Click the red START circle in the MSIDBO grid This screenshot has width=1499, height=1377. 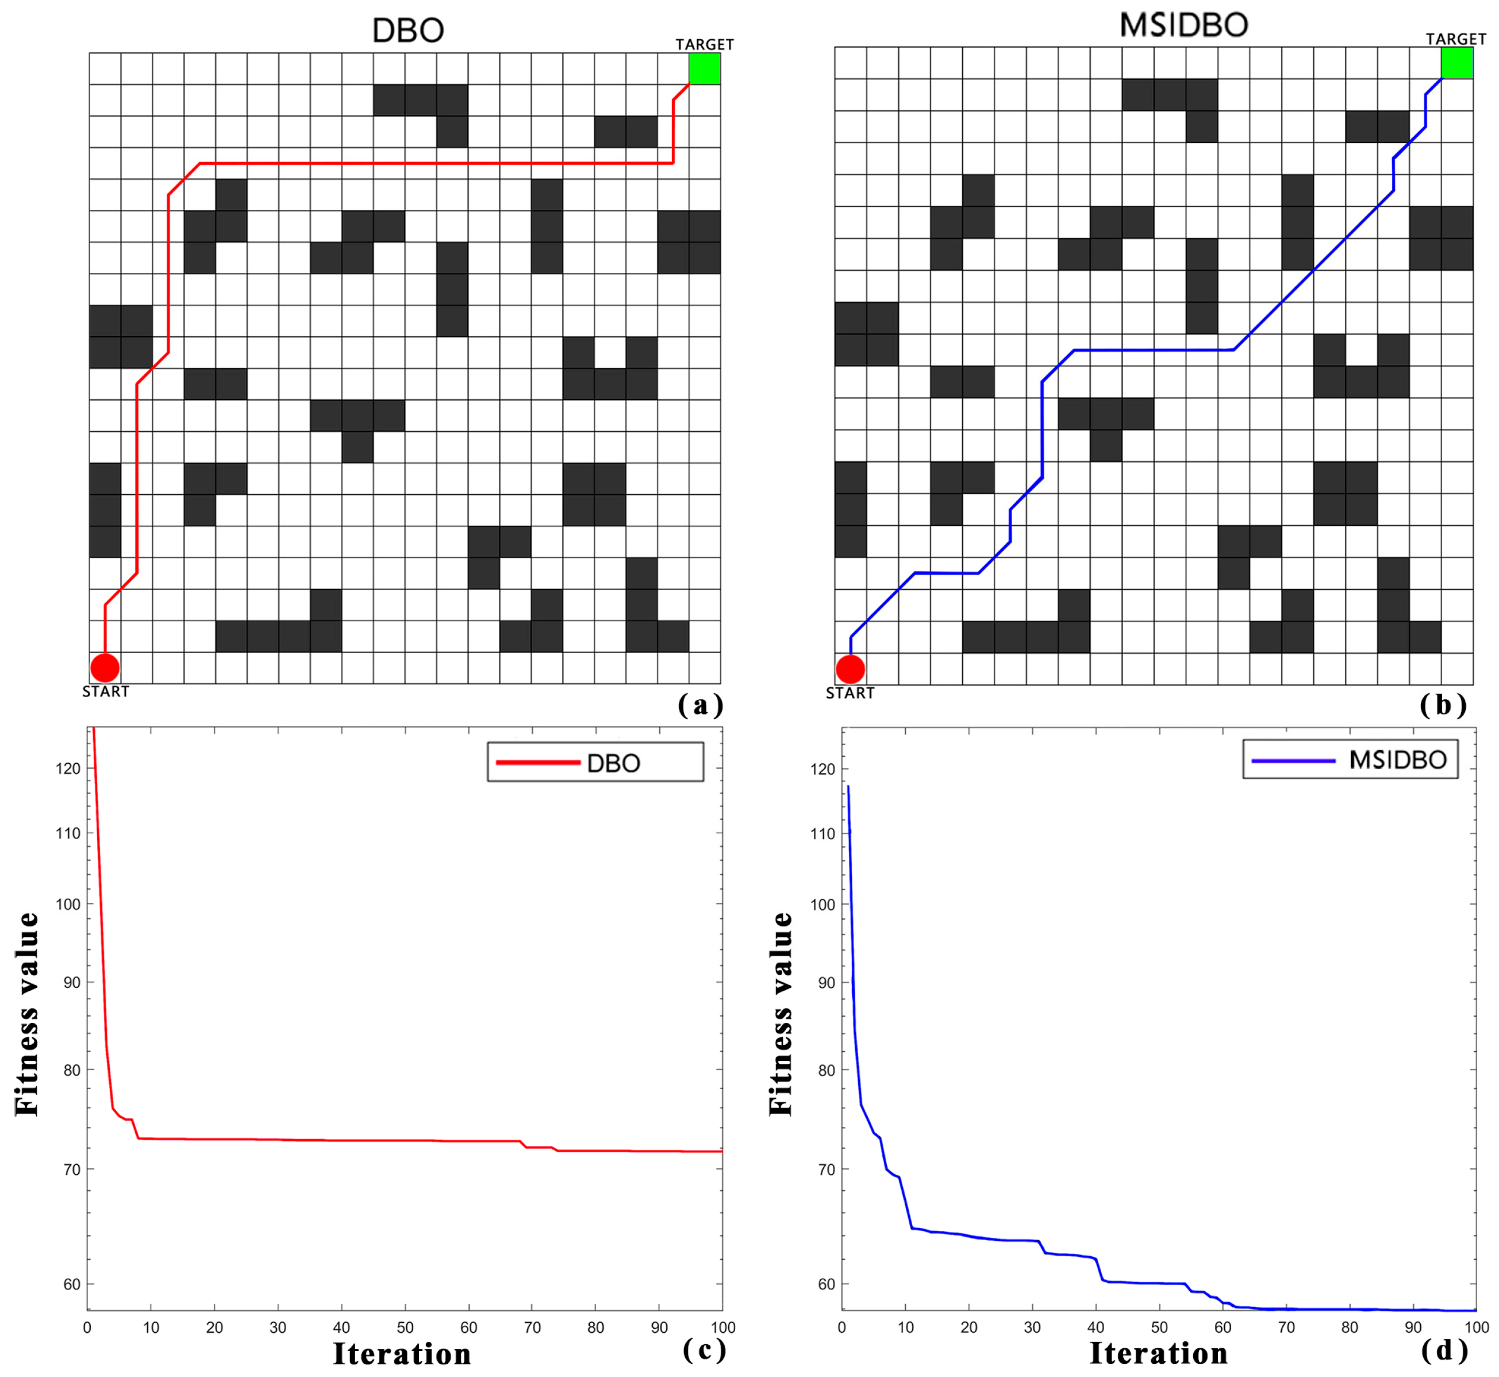point(850,669)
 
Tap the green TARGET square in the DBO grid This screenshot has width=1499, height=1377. point(704,68)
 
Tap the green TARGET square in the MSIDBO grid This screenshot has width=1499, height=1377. point(1456,63)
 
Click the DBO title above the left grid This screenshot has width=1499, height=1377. point(408,30)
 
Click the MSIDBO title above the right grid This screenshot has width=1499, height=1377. point(1184,25)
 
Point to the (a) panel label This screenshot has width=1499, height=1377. point(700,704)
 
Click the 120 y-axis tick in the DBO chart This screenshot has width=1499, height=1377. point(68,768)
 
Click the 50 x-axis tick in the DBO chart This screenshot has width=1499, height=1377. point(405,1327)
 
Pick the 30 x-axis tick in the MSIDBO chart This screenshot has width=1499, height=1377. point(1032,1327)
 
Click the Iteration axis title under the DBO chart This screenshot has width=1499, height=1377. point(402,1354)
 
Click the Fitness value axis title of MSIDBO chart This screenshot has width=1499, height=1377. point(781,1013)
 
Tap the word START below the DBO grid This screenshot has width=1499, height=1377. point(106,691)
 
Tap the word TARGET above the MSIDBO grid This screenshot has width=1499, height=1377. point(1456,39)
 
